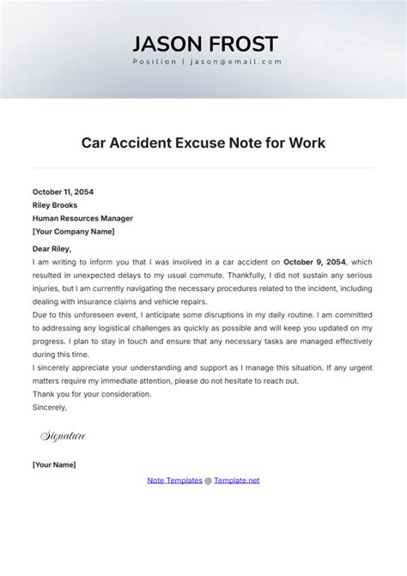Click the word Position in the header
point(155,62)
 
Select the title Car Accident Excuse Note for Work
point(203,142)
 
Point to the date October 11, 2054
point(64,192)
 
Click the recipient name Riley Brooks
point(55,205)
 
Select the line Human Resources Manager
point(82,218)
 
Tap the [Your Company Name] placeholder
point(73,231)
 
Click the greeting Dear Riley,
point(52,249)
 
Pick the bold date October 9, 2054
point(314,262)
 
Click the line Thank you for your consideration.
point(91,394)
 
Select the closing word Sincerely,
point(49,408)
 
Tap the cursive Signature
point(64,437)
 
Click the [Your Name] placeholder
point(54,464)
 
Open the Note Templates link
point(174,480)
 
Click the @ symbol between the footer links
point(208,480)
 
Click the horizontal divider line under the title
point(203,167)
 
